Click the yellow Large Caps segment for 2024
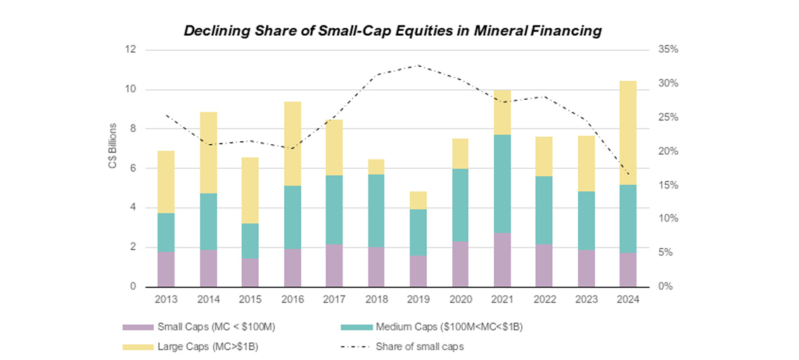[627, 133]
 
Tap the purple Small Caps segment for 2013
[166, 269]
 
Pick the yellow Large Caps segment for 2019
[418, 200]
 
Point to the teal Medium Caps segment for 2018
[376, 210]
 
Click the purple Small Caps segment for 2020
[460, 264]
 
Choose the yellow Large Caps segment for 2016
[292, 143]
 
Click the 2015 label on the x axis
[250, 298]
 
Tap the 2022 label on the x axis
[544, 298]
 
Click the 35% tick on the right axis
[668, 50]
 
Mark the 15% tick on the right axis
[668, 186]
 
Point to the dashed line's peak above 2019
[418, 65]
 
